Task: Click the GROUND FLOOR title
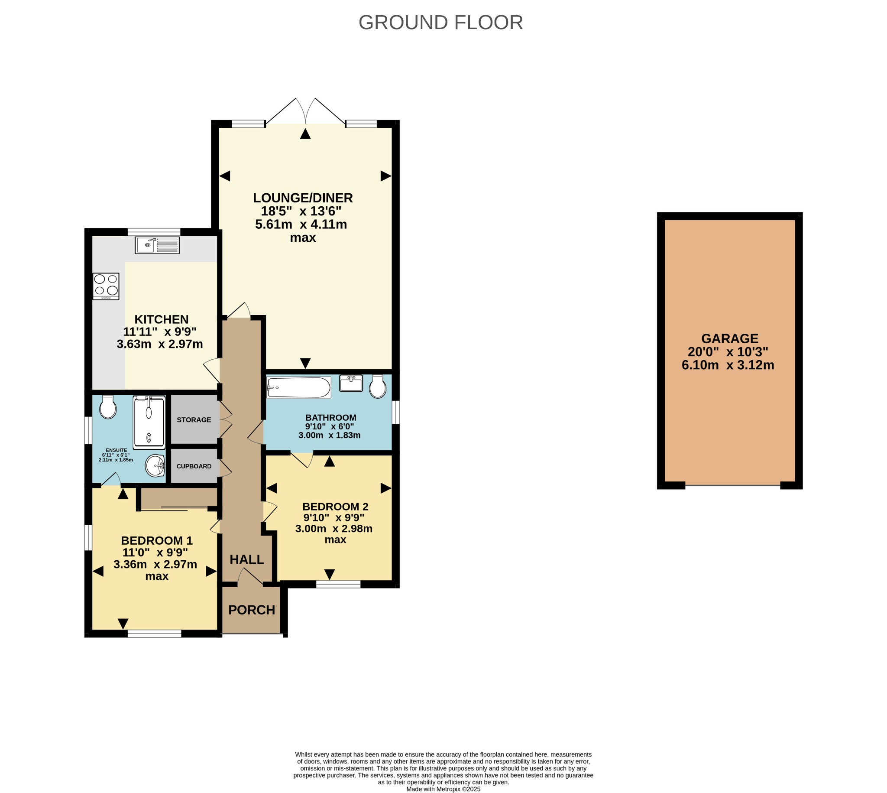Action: coord(440,23)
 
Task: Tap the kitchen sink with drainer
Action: coord(157,245)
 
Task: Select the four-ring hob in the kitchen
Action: coord(106,286)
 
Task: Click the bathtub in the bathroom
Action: coord(299,387)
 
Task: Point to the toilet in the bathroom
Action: coord(378,386)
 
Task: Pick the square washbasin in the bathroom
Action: coord(351,383)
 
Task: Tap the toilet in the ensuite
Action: coord(108,407)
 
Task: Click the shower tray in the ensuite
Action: coord(149,422)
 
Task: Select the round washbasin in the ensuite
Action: coord(155,466)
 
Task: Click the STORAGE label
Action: coord(194,419)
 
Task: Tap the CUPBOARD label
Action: coord(194,466)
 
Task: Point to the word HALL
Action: coord(247,559)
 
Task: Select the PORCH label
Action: coord(252,610)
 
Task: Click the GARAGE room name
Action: coord(730,338)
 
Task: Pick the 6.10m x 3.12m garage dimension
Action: coord(728,365)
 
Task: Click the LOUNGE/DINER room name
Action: coord(303,198)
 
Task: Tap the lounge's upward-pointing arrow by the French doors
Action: coord(305,134)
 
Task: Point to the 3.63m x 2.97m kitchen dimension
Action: coord(160,344)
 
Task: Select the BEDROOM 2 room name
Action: coord(335,507)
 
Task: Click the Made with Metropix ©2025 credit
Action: coord(443,789)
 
